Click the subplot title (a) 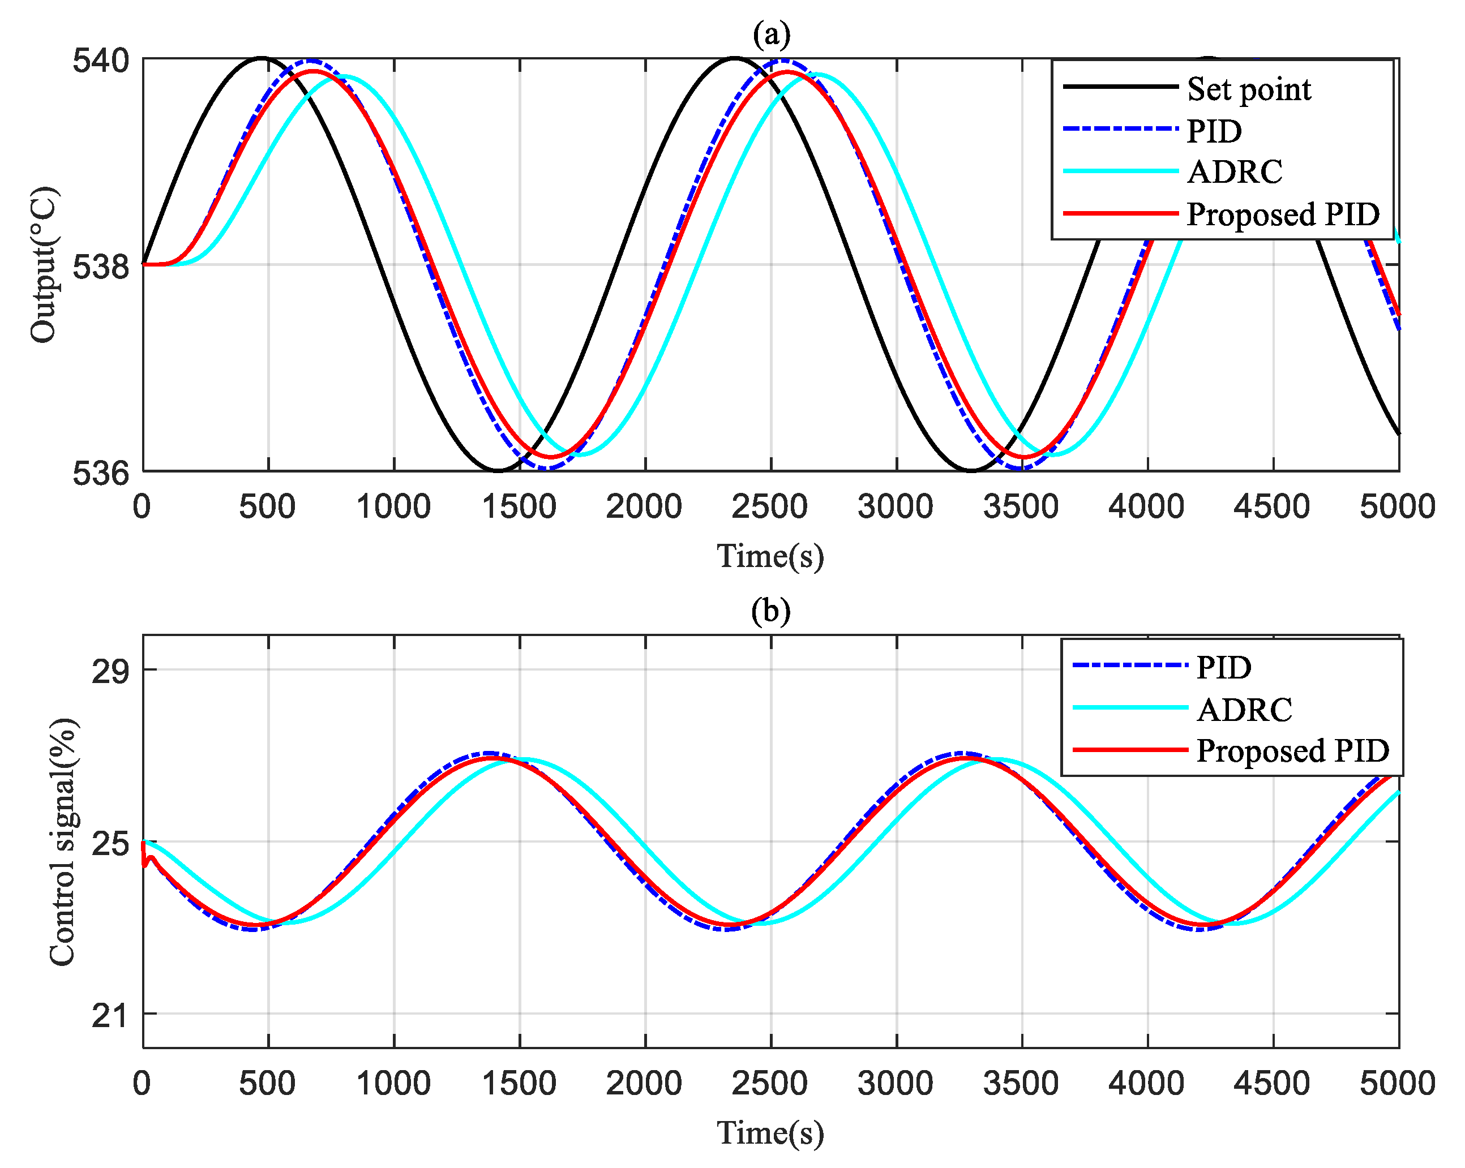tap(770, 34)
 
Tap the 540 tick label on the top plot tap(101, 61)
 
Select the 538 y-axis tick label tap(101, 267)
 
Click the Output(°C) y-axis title tap(45, 264)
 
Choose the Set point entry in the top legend tap(1248, 89)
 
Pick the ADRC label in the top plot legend tap(1235, 172)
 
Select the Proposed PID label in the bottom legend tap(1292, 750)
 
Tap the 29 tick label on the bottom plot tap(110, 671)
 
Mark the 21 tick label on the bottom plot tap(110, 1016)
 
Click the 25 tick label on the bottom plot tap(110, 843)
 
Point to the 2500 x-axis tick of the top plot tap(769, 507)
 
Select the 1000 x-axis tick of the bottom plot tap(393, 1083)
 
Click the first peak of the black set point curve tap(263, 58)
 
